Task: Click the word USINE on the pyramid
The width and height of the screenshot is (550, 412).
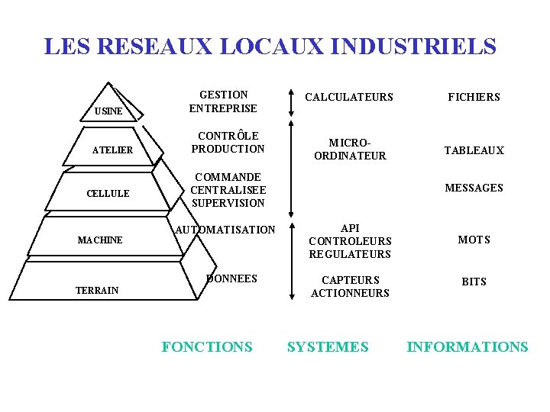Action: [108, 112]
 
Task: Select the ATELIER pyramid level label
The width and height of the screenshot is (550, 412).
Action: [112, 150]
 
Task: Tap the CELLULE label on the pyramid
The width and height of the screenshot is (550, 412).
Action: [108, 194]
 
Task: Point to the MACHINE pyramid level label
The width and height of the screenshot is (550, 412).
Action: [100, 240]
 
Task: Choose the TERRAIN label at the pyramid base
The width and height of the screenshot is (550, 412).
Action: [97, 290]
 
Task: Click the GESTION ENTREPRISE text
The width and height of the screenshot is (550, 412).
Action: [223, 101]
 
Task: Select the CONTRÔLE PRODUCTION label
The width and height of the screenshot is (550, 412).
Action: [228, 143]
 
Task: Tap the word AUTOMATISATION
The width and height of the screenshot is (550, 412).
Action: [225, 230]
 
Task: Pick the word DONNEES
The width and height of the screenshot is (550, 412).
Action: [232, 278]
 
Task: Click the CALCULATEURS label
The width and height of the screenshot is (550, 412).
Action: [349, 97]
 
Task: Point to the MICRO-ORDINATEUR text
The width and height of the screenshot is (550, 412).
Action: [350, 150]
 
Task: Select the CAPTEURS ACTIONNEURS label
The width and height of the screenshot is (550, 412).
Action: [350, 287]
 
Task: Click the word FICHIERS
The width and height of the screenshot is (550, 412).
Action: [474, 97]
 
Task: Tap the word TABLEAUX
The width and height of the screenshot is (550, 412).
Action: [474, 150]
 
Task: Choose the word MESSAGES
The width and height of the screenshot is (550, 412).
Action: [474, 188]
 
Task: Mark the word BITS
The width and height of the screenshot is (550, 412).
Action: [474, 282]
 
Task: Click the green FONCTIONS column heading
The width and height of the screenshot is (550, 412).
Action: [207, 347]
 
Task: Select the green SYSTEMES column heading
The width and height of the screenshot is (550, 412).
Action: [328, 347]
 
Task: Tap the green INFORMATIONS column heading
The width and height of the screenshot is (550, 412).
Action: [467, 347]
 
